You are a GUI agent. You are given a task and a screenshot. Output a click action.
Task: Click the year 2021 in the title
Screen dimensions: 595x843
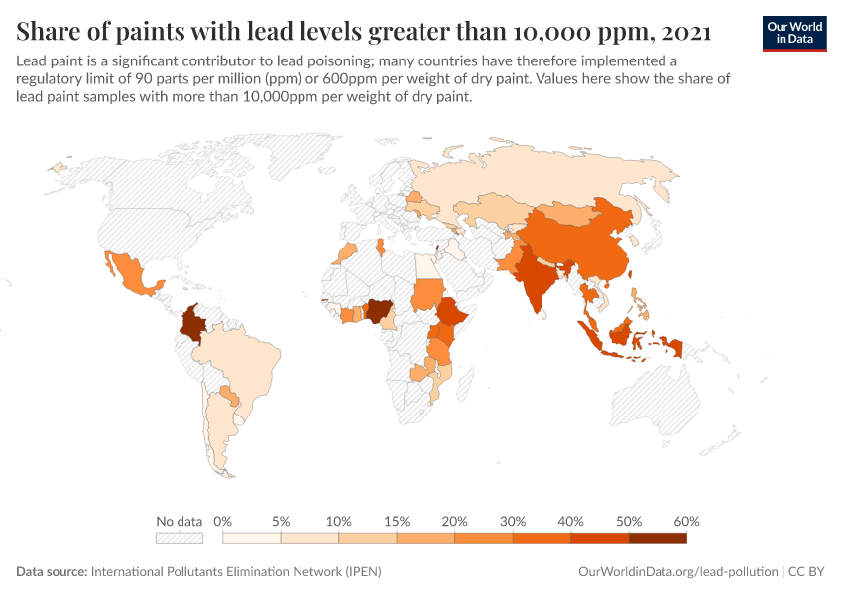[684, 32]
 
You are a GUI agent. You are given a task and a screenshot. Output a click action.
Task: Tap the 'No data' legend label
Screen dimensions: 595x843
[180, 521]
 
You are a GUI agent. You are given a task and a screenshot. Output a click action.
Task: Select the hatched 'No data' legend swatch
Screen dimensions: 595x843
[180, 538]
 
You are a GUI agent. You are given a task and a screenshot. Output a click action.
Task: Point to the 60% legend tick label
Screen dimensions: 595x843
[686, 521]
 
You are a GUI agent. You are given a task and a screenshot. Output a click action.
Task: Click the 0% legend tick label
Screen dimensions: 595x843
[223, 521]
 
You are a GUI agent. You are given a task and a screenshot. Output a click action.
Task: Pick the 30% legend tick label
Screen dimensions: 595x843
[513, 521]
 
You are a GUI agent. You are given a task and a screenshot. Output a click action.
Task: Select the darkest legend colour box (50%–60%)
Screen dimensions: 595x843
[658, 538]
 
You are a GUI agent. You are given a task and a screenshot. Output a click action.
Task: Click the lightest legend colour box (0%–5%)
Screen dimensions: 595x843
[252, 538]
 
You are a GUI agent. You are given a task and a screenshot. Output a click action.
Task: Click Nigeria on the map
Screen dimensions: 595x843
[378, 312]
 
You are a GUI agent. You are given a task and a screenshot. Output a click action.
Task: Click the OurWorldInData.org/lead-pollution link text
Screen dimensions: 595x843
[677, 572]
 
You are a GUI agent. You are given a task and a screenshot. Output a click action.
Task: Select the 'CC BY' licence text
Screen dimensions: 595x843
[807, 572]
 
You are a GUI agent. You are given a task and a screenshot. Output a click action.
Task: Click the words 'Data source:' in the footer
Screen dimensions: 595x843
[52, 572]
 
